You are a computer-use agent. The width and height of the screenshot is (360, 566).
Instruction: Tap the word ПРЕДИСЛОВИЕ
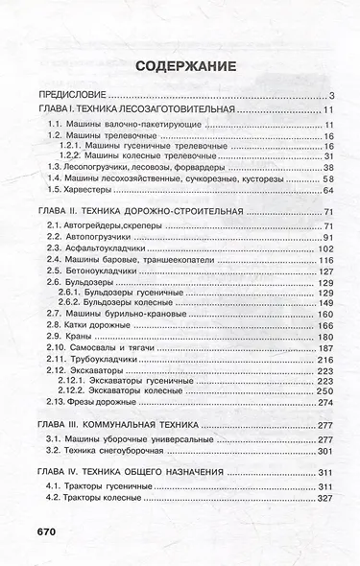tap(70, 96)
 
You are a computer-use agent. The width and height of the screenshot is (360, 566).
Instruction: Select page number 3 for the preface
tap(329, 96)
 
